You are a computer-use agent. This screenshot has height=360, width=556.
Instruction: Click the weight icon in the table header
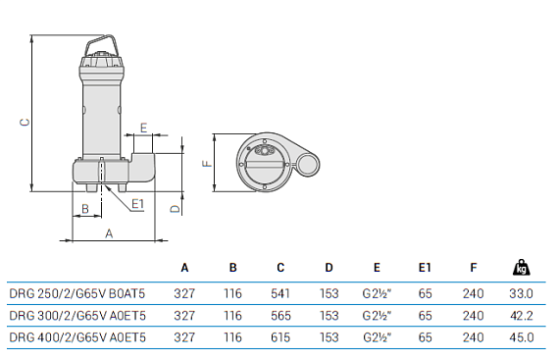click(x=520, y=267)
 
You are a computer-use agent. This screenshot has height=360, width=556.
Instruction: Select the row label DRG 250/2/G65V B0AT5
click(x=77, y=292)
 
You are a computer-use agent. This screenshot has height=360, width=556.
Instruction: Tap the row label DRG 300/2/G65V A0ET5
click(x=77, y=315)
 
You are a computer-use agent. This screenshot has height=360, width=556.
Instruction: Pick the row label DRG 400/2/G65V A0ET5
click(x=77, y=337)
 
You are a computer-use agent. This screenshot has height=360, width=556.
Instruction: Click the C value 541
click(x=280, y=292)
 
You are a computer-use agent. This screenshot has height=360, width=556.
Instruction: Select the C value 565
click(x=280, y=315)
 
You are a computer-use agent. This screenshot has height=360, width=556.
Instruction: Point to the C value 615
click(x=280, y=337)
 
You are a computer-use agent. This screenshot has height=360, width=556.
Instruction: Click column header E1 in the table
click(x=425, y=268)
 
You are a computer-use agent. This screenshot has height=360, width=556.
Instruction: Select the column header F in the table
click(x=473, y=268)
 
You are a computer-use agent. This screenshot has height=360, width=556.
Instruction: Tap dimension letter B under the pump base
click(x=85, y=208)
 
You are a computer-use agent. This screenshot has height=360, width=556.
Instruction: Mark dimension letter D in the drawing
click(x=175, y=208)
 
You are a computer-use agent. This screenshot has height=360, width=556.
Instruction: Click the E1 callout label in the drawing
click(x=137, y=204)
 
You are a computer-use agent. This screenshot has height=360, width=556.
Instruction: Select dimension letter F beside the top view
click(x=206, y=164)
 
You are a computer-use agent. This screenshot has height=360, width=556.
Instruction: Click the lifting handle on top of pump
click(x=102, y=46)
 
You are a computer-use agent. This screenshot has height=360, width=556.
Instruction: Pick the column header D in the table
click(x=329, y=268)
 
